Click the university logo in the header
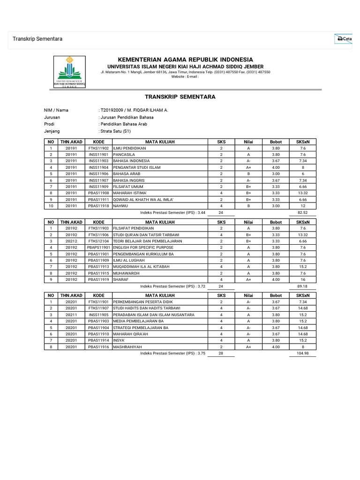click(70, 71)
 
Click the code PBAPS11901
click(98, 247)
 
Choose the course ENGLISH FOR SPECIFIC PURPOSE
click(143, 247)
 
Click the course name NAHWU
click(120, 205)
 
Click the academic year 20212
click(71, 241)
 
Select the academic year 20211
click(71, 315)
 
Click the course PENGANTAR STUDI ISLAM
click(136, 167)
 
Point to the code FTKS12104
click(98, 241)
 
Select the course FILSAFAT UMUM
click(128, 186)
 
